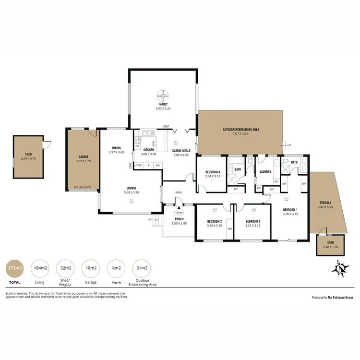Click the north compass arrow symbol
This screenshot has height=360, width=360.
340,268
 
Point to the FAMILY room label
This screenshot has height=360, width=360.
163,104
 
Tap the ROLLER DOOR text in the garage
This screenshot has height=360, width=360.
82,187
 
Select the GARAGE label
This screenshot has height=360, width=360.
83,157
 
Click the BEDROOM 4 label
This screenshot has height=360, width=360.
212,172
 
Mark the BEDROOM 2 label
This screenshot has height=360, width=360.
252,221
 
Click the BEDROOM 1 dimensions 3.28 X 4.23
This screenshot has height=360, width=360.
290,214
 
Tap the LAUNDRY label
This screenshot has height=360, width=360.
265,172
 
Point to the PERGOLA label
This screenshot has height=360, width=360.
325,203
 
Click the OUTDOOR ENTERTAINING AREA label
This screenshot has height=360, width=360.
241,129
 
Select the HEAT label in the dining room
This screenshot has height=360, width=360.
130,166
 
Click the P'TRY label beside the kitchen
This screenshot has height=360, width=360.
139,166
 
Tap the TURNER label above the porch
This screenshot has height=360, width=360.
179,212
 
